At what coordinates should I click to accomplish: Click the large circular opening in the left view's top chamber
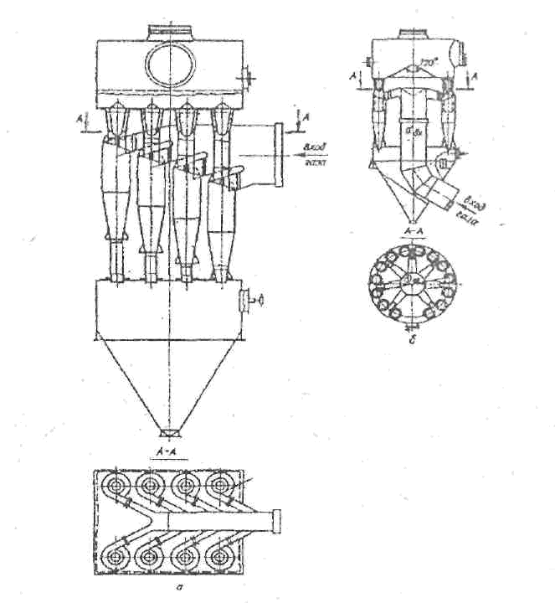point(171,64)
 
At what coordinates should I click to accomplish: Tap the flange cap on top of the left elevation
point(171,31)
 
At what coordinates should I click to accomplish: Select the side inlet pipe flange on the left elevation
point(276,154)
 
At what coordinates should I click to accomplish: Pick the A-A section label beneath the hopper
point(166,453)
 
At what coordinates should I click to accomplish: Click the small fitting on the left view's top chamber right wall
point(249,76)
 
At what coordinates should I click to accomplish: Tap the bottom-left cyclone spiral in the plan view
point(116,556)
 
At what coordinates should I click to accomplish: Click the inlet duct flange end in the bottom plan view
point(279,520)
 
